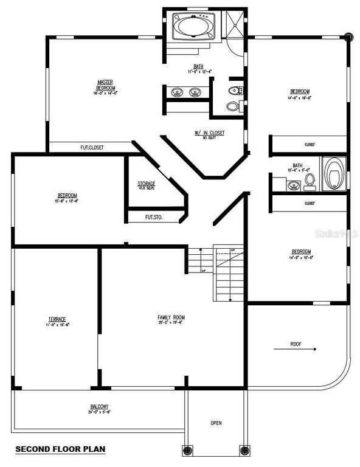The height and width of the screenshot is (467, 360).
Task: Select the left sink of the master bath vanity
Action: pos(178,93)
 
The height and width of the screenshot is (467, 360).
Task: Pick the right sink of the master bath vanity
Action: pos(195,93)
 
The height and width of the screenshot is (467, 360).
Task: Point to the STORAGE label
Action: pos(146,183)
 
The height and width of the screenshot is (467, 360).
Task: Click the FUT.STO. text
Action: pos(154,216)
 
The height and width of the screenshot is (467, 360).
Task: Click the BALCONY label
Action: pos(99,406)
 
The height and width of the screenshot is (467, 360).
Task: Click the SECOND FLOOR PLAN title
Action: pos(60,449)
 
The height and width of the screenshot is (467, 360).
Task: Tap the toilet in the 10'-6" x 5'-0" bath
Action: pos(310,180)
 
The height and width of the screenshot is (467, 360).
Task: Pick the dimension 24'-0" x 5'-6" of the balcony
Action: pos(99,412)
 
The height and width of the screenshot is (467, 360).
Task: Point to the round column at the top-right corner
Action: pos(348,36)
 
